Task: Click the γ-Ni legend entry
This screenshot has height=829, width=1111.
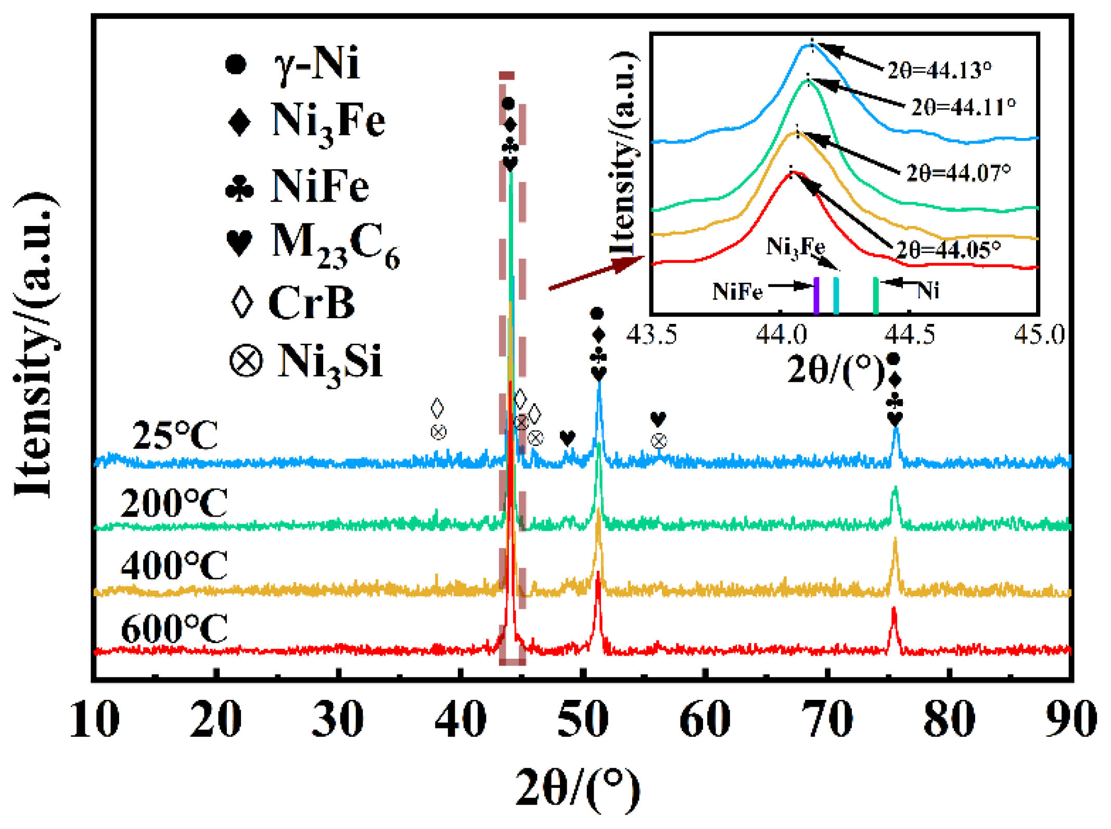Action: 291,64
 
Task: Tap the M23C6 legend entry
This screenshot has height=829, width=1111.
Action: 312,243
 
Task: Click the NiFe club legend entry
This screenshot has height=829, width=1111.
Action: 297,186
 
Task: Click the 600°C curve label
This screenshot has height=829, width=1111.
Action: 174,629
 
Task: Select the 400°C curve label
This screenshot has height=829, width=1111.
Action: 174,566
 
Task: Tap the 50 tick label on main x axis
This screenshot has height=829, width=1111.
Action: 582,719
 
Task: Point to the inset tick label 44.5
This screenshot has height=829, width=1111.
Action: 910,334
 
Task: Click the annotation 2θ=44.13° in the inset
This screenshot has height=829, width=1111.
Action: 939,70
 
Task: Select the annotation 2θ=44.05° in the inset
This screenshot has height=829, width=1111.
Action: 948,250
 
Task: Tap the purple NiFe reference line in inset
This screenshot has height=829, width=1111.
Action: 816,295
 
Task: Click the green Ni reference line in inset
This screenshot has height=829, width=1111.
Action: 876,295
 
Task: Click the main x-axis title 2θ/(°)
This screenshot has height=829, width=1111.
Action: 578,789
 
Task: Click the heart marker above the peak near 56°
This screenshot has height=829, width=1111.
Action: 658,419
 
